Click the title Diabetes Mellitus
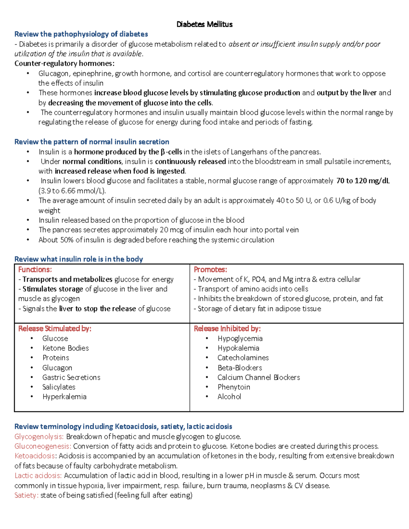coord(204,24)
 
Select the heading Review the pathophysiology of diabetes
coord(81,34)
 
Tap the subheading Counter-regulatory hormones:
coord(64,63)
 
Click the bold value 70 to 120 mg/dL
coord(363,181)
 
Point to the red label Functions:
coord(35,269)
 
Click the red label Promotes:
coord(210,269)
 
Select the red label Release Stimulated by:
coord(55,328)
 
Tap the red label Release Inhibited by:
coord(227,328)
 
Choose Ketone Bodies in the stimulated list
coord(65,348)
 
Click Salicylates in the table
coord(59,387)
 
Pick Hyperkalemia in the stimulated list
coord(64,396)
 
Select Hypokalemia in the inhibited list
coord(238,348)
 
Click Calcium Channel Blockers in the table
coord(259,377)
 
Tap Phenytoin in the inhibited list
coord(234,387)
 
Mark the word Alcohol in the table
coord(229,396)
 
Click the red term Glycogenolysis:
coord(39,437)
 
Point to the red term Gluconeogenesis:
coord(43,446)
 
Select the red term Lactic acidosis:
coord(38,476)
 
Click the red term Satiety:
coord(26,495)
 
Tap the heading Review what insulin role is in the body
coord(78,259)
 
